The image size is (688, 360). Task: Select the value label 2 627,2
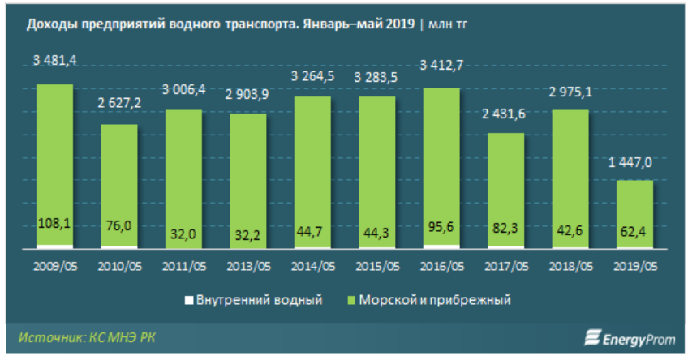tap(118, 105)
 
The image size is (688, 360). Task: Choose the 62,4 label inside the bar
tap(634, 234)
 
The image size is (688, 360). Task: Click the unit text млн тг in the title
tap(448, 24)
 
